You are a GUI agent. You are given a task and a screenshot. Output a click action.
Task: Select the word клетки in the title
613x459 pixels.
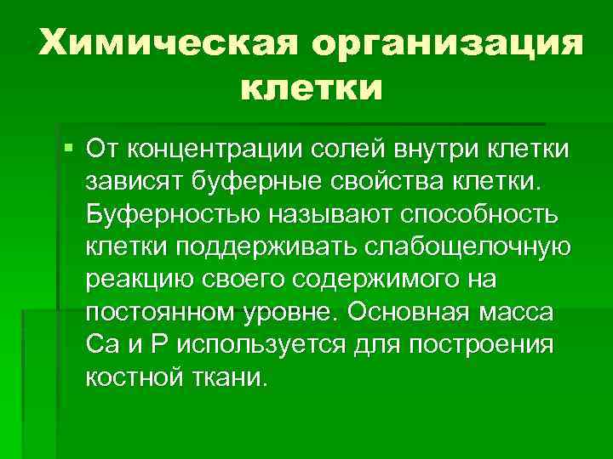[x=312, y=88]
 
